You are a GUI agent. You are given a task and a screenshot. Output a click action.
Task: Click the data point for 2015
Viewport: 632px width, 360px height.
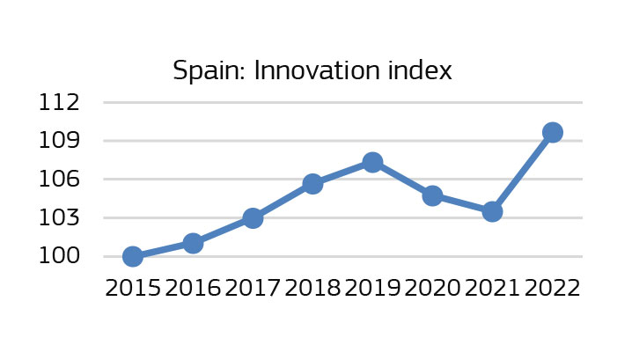[133, 256]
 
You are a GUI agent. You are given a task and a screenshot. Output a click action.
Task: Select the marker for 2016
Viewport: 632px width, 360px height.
[193, 243]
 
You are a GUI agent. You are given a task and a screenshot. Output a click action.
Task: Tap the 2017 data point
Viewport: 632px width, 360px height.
[253, 217]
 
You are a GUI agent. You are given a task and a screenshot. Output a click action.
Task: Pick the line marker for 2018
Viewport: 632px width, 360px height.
[312, 183]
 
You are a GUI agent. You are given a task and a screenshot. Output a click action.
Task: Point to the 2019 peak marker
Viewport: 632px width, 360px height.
[372, 162]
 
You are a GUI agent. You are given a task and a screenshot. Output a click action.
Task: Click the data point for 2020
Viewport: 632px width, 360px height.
[432, 195]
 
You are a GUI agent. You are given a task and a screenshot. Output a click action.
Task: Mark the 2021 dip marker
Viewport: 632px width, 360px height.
[492, 211]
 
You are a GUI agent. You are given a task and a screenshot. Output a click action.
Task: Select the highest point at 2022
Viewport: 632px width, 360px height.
[553, 132]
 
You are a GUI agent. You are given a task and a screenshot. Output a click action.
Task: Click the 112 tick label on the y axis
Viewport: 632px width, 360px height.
[59, 102]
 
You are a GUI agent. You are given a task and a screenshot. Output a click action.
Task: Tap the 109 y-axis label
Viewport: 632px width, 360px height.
[59, 141]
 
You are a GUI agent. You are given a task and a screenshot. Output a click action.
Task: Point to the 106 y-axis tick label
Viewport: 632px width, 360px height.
[59, 180]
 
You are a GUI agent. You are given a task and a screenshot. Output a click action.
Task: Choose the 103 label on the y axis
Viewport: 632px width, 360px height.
[59, 218]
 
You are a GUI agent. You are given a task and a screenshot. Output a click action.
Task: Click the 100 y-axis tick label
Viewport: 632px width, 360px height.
[59, 257]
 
